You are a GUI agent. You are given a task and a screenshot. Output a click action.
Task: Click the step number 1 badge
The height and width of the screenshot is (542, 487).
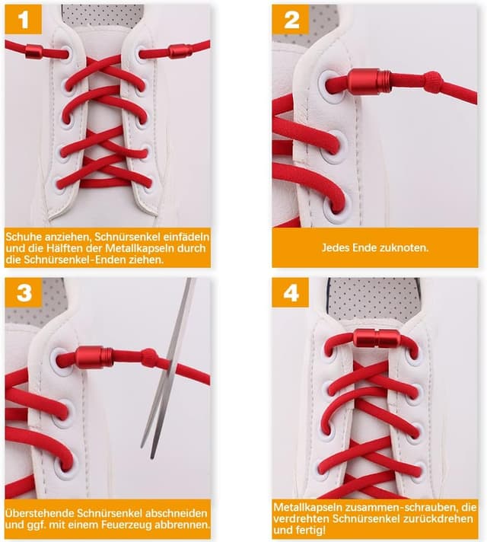[23, 19]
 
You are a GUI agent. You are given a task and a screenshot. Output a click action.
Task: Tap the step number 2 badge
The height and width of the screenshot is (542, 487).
[291, 19]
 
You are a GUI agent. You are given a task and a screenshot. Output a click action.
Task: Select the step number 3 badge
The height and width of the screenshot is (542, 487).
[24, 292]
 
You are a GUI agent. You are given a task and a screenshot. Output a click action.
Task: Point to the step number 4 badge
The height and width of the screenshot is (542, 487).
[291, 292]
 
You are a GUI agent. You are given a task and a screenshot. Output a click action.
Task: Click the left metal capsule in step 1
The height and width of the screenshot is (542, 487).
[34, 52]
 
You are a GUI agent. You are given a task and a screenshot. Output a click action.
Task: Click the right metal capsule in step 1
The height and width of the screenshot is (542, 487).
[180, 52]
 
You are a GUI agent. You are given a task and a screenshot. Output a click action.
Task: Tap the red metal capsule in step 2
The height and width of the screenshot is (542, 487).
[369, 81]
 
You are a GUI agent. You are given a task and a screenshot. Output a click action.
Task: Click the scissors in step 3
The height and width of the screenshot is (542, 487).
[168, 368]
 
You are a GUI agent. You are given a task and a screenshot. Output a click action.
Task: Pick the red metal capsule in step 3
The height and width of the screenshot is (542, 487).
[94, 357]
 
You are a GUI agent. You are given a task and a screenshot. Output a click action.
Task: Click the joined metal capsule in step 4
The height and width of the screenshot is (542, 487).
[377, 339]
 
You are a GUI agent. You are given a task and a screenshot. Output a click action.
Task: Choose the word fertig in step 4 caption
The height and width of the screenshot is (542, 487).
[314, 530]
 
